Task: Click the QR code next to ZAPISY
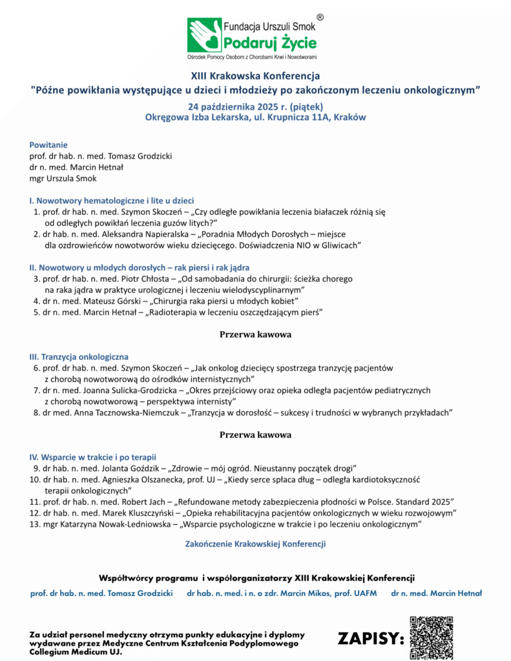[432, 638]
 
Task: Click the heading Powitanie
[48, 145]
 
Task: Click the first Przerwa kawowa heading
[255, 334]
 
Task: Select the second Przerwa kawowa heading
[255, 434]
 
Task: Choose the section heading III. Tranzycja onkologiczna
[79, 356]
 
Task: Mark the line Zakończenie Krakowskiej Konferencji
[255, 544]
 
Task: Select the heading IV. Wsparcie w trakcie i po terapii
[93, 456]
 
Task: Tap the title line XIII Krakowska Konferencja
[255, 76]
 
